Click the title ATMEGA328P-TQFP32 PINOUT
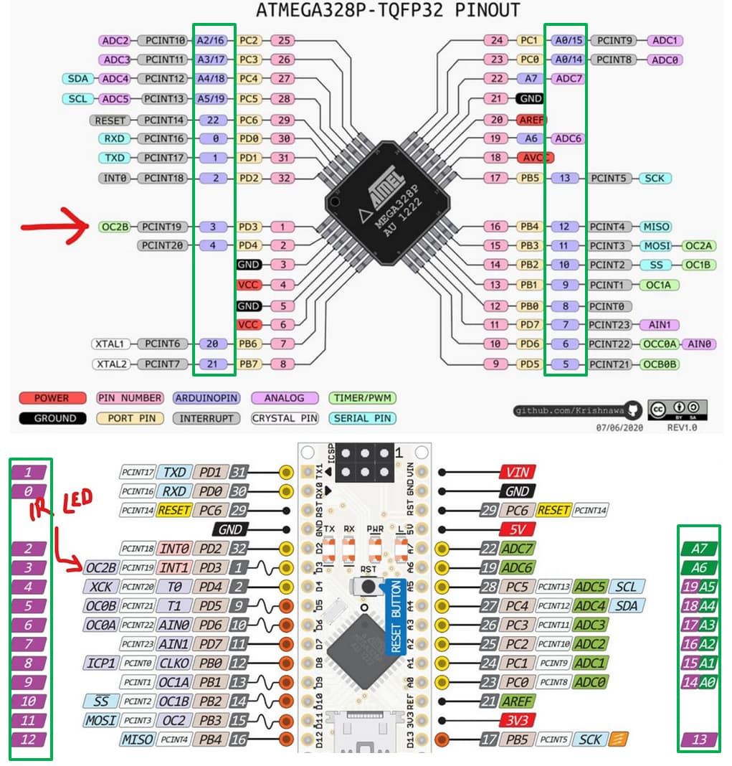[388, 10]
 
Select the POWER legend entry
[52, 398]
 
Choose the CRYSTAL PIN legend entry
[283, 418]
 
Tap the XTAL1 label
[111, 344]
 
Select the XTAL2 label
[111, 364]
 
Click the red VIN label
[517, 472]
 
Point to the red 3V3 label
[517, 720]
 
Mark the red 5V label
[517, 529]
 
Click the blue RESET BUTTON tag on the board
[394, 617]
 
